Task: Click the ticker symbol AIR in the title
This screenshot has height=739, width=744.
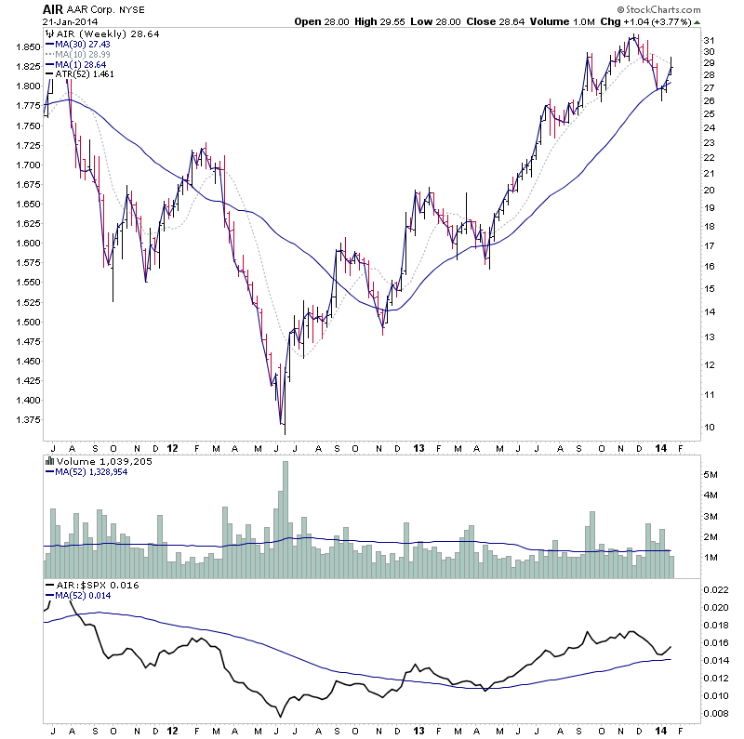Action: click(x=53, y=8)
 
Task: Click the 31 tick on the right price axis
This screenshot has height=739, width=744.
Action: click(x=709, y=41)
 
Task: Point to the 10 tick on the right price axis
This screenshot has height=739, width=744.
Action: click(x=709, y=427)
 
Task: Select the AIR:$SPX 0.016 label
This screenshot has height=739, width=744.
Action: click(x=90, y=584)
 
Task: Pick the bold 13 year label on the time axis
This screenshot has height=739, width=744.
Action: click(x=420, y=447)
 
